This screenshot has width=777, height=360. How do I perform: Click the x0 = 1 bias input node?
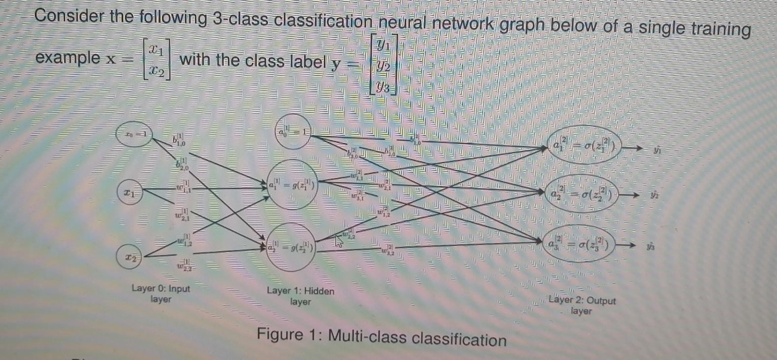coord(133,134)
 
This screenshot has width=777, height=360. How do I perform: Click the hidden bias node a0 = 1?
coord(293,132)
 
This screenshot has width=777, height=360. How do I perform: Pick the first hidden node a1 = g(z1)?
coord(292,185)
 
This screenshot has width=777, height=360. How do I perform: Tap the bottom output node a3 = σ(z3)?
coord(582,245)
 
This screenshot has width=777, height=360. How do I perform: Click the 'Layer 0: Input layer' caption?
coord(161,294)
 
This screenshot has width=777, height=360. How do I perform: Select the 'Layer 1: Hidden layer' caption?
coord(300,296)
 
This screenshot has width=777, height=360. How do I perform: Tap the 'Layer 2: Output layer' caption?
coord(582,305)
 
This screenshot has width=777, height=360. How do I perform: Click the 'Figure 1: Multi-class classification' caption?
coord(382,337)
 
